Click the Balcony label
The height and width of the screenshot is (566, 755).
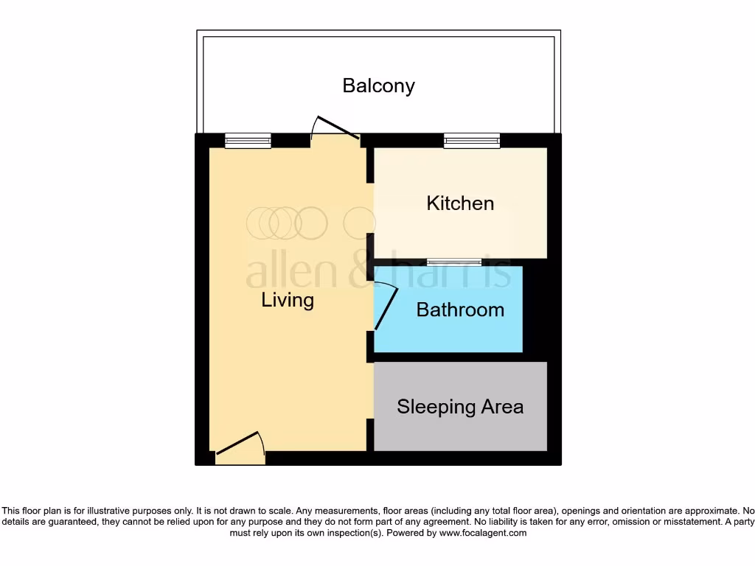pyautogui.click(x=378, y=85)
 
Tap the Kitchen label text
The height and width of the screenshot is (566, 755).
pyautogui.click(x=460, y=203)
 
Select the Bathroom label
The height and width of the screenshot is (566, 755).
pyautogui.click(x=460, y=310)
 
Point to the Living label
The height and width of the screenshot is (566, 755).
pyautogui.click(x=288, y=300)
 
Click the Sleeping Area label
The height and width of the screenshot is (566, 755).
pyautogui.click(x=460, y=407)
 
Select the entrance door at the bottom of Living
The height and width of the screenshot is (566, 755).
pyautogui.click(x=240, y=447)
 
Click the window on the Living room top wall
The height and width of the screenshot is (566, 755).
pyautogui.click(x=248, y=141)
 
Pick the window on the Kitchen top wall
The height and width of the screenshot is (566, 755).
pyautogui.click(x=472, y=141)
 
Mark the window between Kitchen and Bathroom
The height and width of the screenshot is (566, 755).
pyautogui.click(x=453, y=262)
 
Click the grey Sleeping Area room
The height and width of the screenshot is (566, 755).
pyautogui.click(x=460, y=431)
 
